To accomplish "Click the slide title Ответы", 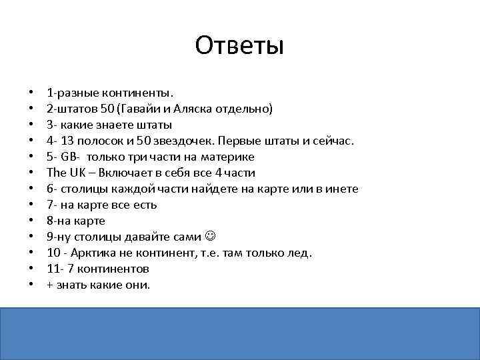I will click(240, 46).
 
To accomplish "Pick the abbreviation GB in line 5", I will click(68, 157).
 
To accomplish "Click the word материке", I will click(227, 157).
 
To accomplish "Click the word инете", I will click(343, 189).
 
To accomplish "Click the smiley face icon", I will click(211, 237).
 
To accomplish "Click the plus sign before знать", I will click(49, 285).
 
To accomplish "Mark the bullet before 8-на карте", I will click(31, 221).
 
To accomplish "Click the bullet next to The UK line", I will click(31, 173).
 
